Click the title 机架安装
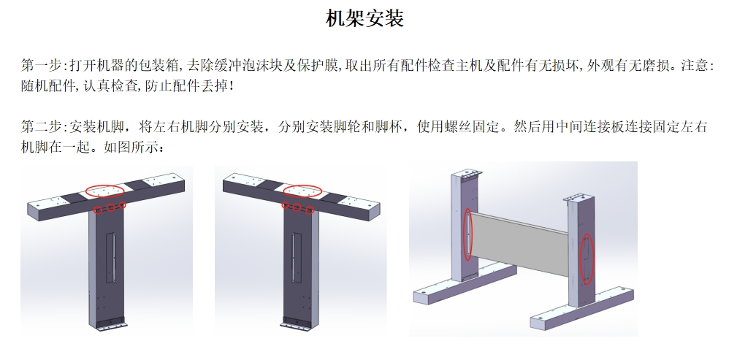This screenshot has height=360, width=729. (364, 18)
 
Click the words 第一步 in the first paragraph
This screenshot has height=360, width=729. (42, 65)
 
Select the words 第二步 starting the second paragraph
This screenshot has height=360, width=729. (42, 126)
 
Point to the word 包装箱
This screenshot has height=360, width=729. (159, 65)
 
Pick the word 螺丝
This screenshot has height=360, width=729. (458, 126)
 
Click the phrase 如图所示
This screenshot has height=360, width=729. (131, 147)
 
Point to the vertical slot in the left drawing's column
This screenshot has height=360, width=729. (110, 258)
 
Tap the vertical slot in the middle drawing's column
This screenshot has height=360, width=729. (297, 258)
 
